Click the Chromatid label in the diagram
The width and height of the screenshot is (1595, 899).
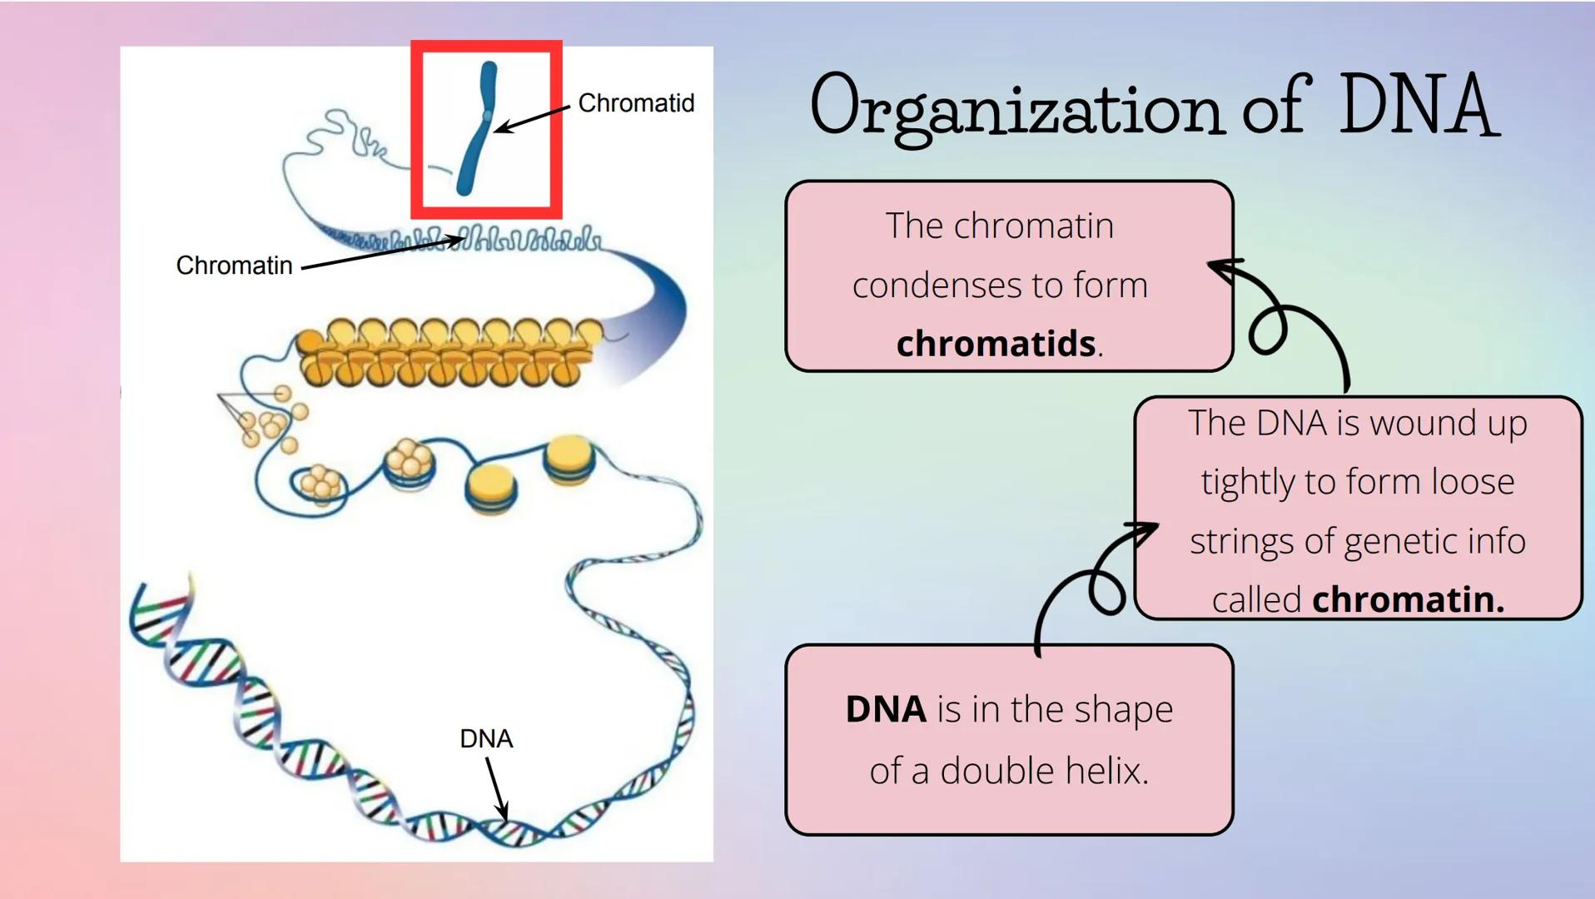(x=635, y=103)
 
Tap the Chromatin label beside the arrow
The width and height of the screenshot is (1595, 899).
(x=234, y=266)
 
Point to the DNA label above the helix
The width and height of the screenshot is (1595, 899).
(x=486, y=738)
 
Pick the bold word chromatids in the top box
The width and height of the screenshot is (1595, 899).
(x=996, y=344)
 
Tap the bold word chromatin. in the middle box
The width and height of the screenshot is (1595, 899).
(x=1408, y=599)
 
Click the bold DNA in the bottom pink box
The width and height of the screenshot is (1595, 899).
(x=885, y=709)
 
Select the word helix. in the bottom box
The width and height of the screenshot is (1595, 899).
(x=1108, y=771)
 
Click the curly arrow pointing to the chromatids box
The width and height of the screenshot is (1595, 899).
(x=1286, y=320)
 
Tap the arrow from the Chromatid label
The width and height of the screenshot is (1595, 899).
(x=533, y=118)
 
